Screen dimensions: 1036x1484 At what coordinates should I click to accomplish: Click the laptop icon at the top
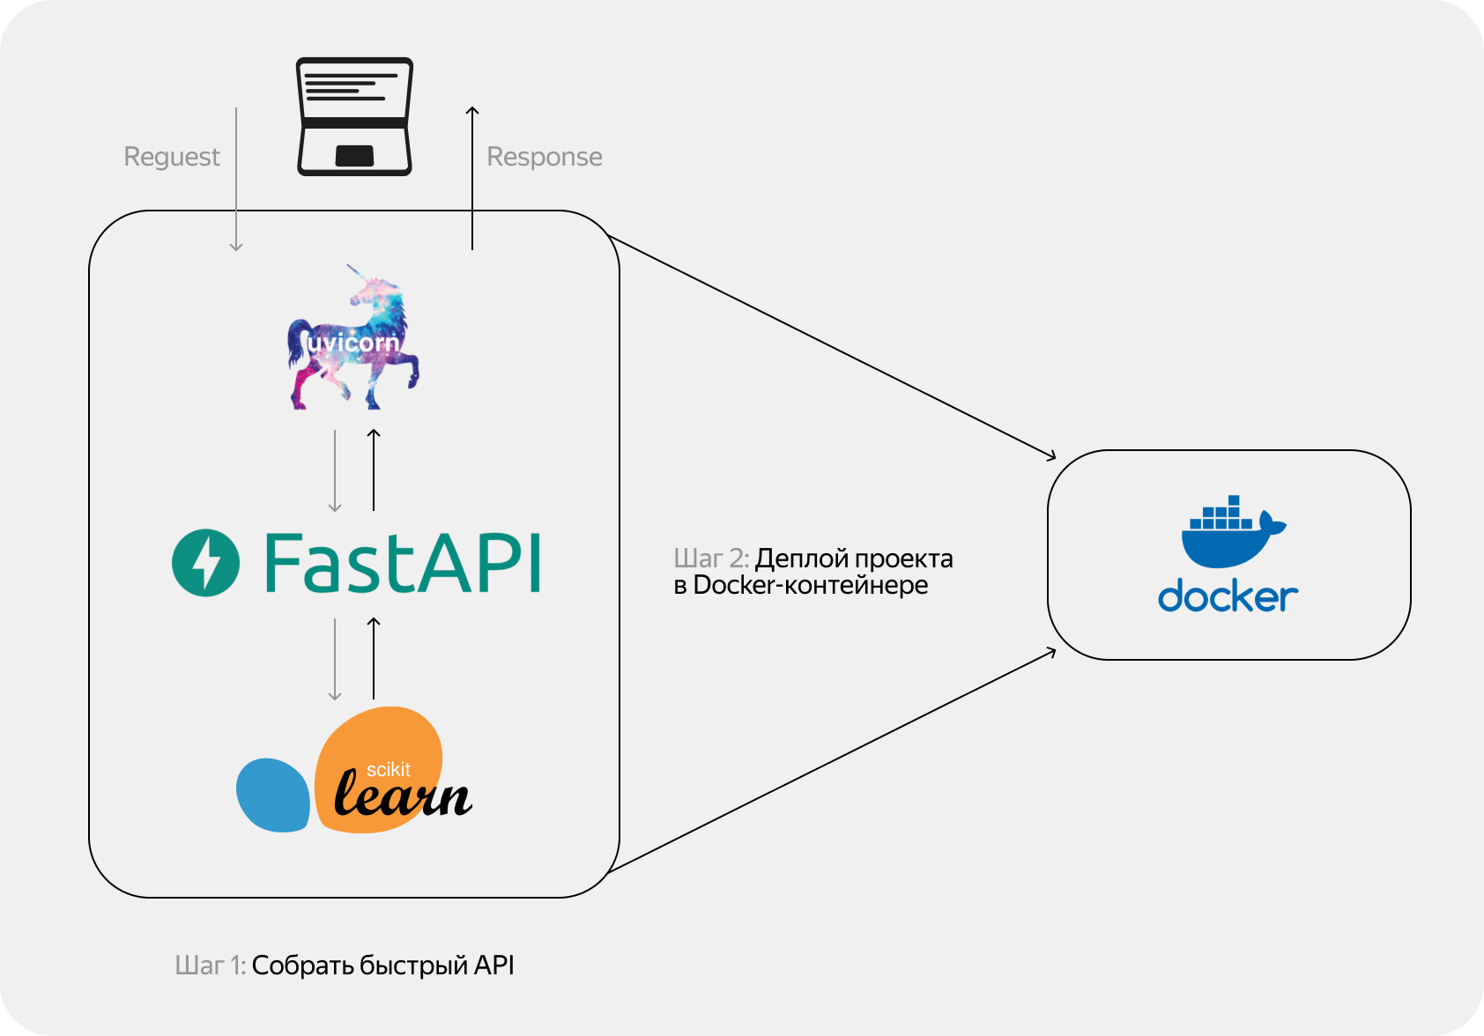coord(354,116)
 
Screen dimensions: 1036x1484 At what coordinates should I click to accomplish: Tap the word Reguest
coord(172,157)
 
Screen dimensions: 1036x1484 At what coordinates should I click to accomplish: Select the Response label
coord(545,157)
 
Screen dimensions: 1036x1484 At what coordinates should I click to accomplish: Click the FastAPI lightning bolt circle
coord(205,563)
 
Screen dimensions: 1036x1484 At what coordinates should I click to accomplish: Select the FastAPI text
coord(402,564)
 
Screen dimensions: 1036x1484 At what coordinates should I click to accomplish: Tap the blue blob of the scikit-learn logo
coord(272,795)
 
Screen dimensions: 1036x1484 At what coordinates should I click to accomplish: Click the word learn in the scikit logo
coord(403,795)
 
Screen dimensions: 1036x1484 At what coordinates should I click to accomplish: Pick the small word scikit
coord(389,769)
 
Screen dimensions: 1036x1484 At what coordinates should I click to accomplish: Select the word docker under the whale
coord(1228,597)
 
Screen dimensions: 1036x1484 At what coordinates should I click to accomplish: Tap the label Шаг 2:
coord(711,559)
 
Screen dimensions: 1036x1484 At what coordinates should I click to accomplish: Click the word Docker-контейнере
coord(810,585)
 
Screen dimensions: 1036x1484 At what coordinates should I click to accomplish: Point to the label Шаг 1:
coord(210,966)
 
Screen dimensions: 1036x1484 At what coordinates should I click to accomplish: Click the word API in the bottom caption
coord(493,966)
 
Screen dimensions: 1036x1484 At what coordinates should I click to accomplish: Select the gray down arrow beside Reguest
coord(236,180)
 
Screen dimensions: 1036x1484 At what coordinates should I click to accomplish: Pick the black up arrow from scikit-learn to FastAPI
coord(374,658)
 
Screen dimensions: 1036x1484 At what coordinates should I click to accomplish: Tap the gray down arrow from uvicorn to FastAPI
coord(335,470)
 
